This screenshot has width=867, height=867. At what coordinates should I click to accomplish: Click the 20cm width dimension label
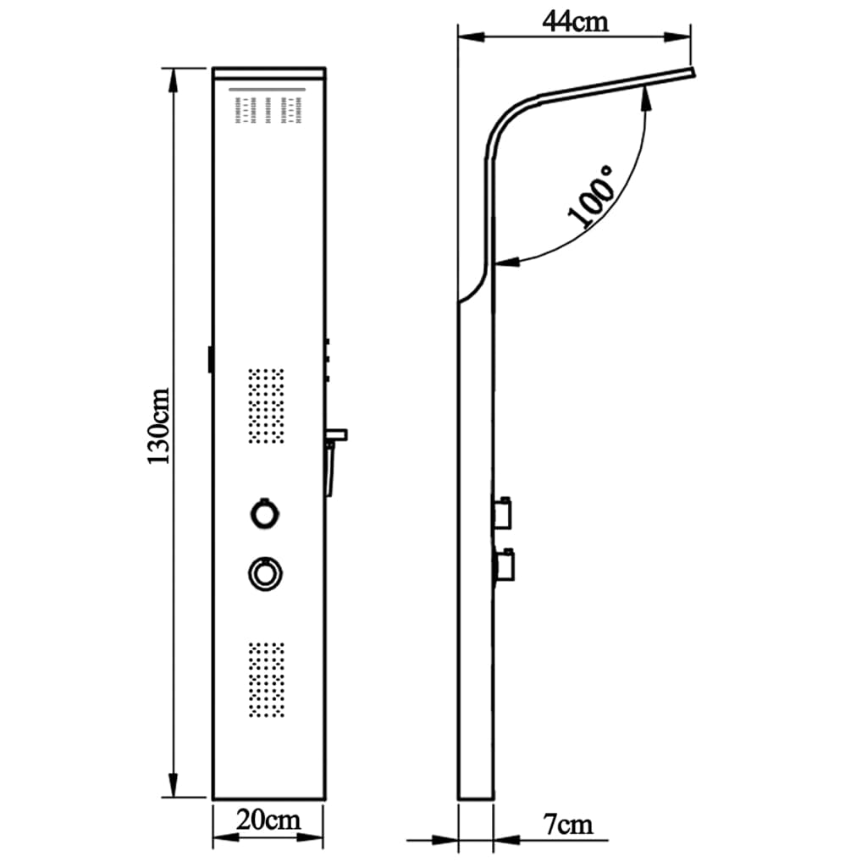[x=268, y=820]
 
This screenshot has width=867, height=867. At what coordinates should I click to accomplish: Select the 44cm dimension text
[x=575, y=20]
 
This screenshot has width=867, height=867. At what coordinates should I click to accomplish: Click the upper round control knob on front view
[x=265, y=513]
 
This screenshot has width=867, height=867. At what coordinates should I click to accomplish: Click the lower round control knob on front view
[x=265, y=573]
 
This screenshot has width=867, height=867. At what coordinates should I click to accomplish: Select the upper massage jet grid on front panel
[x=266, y=405]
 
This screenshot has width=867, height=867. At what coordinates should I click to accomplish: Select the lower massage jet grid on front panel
[x=266, y=679]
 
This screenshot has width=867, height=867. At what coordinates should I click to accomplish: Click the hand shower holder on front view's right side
[x=334, y=457]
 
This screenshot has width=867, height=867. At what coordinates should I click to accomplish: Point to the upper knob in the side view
[x=507, y=511]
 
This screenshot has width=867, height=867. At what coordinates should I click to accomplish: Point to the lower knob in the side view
[x=507, y=563]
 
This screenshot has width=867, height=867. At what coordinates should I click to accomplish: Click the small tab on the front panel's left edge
[x=209, y=358]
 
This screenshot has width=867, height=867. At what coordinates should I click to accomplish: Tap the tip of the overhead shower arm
[x=693, y=74]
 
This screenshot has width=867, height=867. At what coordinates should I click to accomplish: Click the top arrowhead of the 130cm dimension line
[x=174, y=76]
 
